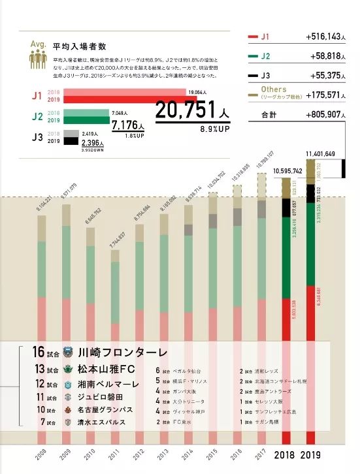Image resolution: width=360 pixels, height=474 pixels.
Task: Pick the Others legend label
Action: (x=273, y=89)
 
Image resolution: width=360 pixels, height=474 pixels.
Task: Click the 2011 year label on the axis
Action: (x=115, y=451)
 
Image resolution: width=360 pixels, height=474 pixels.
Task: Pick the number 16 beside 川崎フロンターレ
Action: (x=38, y=352)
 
